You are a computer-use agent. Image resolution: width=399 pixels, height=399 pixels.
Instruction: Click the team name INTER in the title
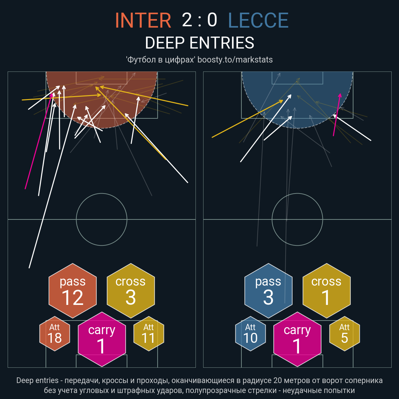pos(143,20)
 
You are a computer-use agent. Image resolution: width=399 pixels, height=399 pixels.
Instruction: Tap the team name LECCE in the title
pos(258,20)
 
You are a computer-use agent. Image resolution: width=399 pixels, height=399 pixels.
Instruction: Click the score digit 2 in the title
pos(187,20)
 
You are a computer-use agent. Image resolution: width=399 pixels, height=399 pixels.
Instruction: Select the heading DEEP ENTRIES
pos(199,43)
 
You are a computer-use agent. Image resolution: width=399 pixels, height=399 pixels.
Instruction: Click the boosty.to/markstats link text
pos(235,60)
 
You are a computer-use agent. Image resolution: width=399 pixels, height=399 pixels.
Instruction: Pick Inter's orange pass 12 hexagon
pos(73,291)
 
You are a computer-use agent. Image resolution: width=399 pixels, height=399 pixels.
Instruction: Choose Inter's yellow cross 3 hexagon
pos(131,291)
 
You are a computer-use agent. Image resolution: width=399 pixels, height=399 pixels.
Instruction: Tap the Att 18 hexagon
pos(55,333)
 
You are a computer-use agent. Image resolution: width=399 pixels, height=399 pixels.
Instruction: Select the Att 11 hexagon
pos(149,333)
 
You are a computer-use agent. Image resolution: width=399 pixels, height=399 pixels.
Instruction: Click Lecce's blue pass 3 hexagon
pos(268,291)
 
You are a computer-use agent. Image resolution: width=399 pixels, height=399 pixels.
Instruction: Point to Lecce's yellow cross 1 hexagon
pos(327,291)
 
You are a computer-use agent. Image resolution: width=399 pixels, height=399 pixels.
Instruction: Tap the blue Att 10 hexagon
pos(250,333)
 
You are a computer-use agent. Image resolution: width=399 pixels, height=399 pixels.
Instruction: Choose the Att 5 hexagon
pos(344,333)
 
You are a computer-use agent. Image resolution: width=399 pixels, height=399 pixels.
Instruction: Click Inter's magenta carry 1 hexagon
pos(102,339)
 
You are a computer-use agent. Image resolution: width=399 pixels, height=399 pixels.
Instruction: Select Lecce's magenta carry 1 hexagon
pos(297,339)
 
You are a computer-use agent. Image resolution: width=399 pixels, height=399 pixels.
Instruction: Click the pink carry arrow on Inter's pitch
pos(39,141)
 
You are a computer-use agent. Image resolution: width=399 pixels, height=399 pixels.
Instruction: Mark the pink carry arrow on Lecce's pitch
pos(337,115)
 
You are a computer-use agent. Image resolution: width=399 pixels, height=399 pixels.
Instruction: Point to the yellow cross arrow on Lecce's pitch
pos(247,119)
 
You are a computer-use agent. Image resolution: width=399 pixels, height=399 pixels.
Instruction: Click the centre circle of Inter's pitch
pos(102,194)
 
